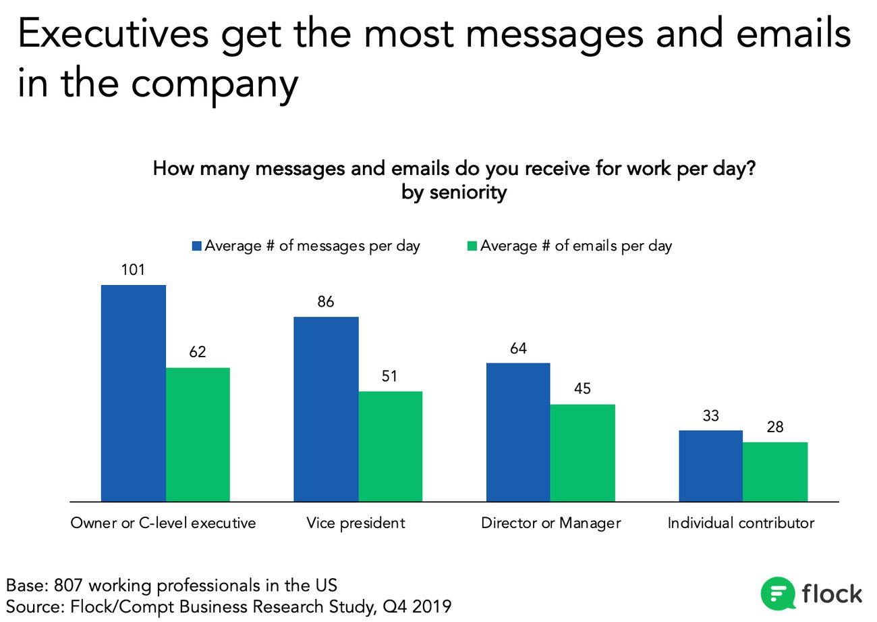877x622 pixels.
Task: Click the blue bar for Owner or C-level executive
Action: coord(133,393)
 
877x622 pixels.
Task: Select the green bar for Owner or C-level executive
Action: coord(198,434)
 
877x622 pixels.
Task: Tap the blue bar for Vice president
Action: coord(326,409)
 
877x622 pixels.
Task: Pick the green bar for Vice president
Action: coord(390,446)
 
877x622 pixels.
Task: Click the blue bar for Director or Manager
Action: coord(518,432)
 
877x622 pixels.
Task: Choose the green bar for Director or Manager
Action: coord(583,452)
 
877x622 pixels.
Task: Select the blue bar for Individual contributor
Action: coord(710,465)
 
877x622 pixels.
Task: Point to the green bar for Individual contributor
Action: coord(775,471)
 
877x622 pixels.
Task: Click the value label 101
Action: coord(133,270)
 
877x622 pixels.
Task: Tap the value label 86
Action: coord(326,302)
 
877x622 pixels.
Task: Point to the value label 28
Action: coord(775,427)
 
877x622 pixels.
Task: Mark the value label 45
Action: coord(583,390)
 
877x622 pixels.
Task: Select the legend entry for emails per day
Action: coord(571,246)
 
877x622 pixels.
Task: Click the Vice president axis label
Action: coord(356,523)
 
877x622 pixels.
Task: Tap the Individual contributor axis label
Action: coord(741,523)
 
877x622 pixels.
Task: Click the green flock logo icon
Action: coord(777,594)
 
